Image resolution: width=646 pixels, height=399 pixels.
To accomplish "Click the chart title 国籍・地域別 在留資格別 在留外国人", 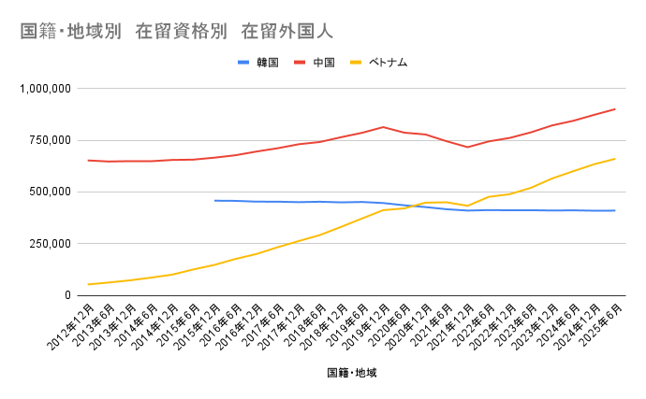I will tap(177, 32).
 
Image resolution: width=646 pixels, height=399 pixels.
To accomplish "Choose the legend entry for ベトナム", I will tap(384, 63).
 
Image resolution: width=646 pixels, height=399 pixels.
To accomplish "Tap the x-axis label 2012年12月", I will tap(70, 323).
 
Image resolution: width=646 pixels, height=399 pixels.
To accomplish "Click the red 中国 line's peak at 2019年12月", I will tap(383, 127).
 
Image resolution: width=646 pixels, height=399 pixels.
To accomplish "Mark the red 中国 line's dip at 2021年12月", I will tap(467, 147).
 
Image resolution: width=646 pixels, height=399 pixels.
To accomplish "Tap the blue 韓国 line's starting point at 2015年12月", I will tap(215, 200).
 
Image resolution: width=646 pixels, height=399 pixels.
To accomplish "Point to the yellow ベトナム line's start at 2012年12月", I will tap(89, 284).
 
